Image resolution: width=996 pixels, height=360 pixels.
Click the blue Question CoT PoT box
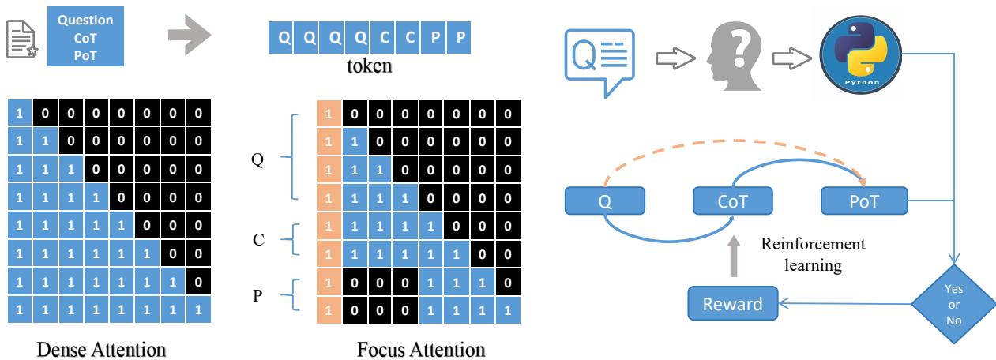coord(85,36)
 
